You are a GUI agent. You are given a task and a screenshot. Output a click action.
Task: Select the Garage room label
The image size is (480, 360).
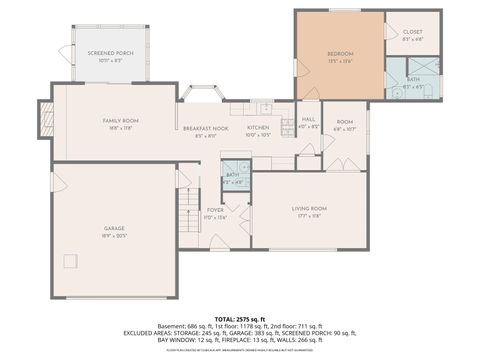(x=112, y=232)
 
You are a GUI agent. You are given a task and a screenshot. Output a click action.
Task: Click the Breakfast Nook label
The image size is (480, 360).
(x=205, y=128)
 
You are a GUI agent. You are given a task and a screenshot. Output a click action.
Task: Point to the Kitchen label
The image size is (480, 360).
(x=258, y=128)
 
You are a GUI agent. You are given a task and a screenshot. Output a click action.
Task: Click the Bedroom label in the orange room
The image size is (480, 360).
(x=340, y=53)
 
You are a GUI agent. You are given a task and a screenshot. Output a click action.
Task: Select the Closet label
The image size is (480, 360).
(x=412, y=33)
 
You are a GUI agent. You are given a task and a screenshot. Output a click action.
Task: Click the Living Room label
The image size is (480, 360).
(x=309, y=208)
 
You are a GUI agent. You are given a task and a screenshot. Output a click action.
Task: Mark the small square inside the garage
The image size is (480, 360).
(x=71, y=261)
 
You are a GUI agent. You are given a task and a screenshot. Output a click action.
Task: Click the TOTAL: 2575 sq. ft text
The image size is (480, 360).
(x=239, y=318)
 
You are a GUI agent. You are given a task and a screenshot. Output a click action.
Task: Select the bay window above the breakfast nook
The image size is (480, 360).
(x=203, y=94)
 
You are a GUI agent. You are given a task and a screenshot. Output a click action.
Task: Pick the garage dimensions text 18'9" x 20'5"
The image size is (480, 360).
(x=112, y=238)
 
